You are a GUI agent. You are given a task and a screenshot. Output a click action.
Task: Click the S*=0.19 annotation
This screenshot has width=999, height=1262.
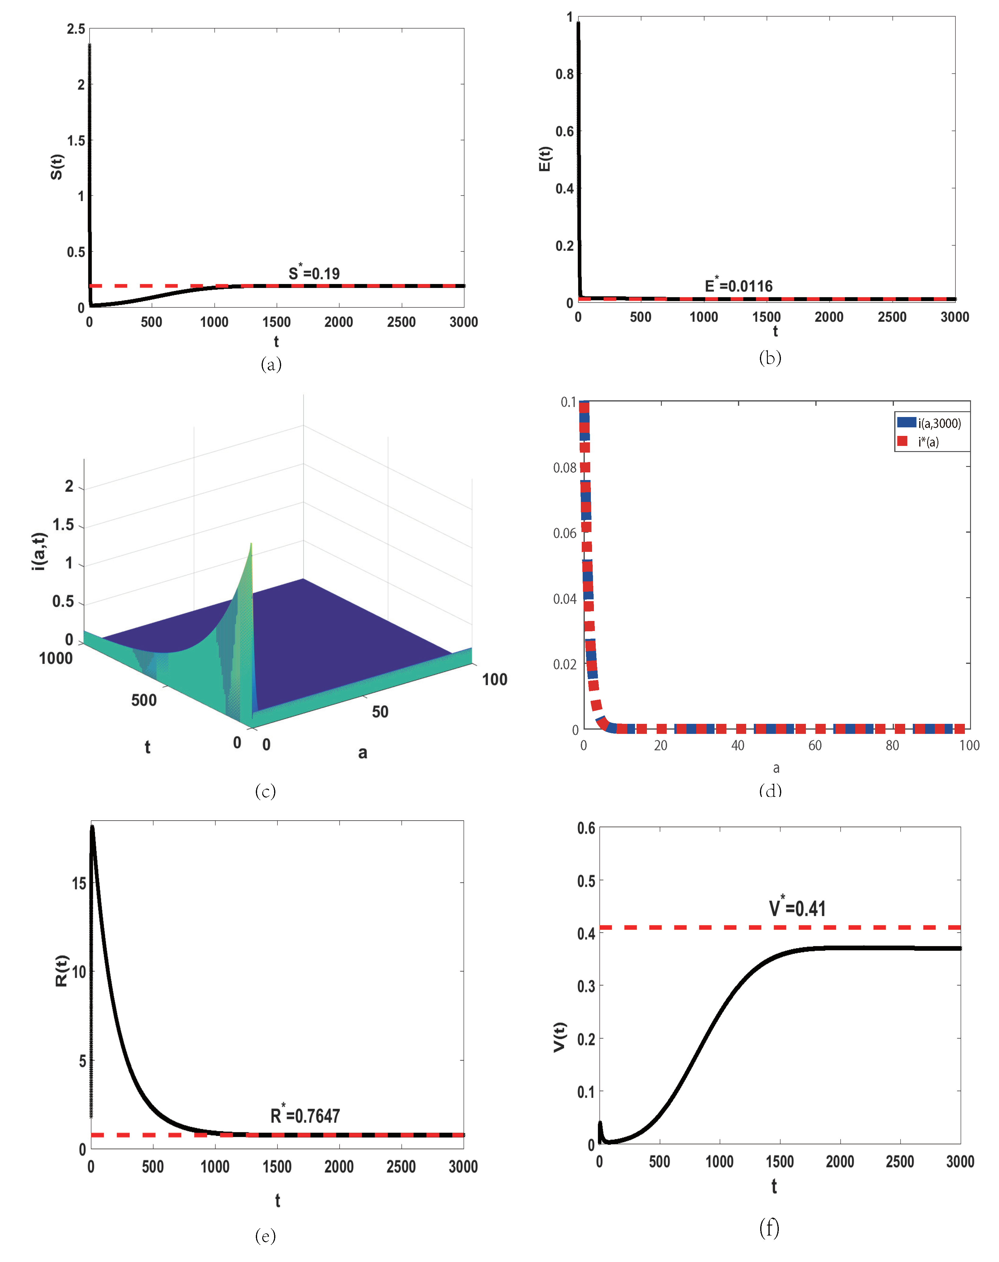pos(314,273)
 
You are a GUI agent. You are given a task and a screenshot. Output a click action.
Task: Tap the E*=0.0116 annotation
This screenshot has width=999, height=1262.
pos(738,286)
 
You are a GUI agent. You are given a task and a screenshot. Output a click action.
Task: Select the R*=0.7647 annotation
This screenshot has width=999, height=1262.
pos(305,1115)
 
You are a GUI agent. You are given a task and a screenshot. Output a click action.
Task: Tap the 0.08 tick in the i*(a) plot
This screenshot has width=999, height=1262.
pos(564,468)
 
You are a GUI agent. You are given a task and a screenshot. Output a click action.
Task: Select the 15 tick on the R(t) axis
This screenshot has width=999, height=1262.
pos(79,883)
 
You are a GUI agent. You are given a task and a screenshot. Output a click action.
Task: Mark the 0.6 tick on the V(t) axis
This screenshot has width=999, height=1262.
pos(586,828)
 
